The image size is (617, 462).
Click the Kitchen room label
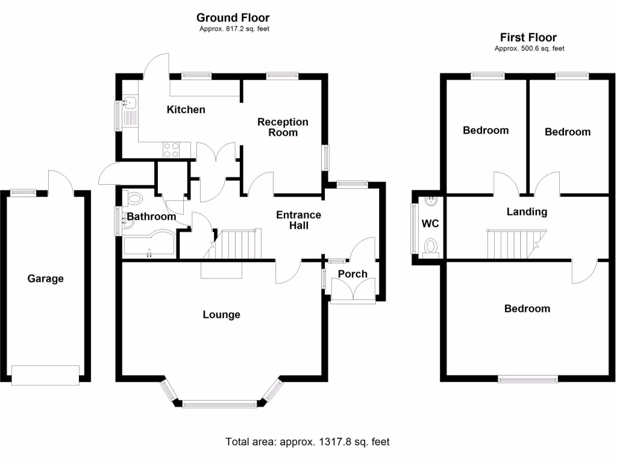[186, 109]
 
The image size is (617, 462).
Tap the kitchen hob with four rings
[171, 149]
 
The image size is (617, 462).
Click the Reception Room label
[283, 127]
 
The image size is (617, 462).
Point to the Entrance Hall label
[298, 220]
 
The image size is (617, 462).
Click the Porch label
[352, 274]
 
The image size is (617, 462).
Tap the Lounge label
[221, 315]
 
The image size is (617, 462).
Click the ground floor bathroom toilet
[134, 198]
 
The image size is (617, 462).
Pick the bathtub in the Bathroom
[148, 244]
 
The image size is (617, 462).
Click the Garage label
[45, 279]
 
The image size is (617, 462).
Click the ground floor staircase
[239, 244]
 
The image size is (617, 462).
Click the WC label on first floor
[430, 224]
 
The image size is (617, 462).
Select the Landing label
[527, 212]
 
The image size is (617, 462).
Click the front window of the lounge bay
[220, 404]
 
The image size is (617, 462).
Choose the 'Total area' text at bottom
[307, 442]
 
